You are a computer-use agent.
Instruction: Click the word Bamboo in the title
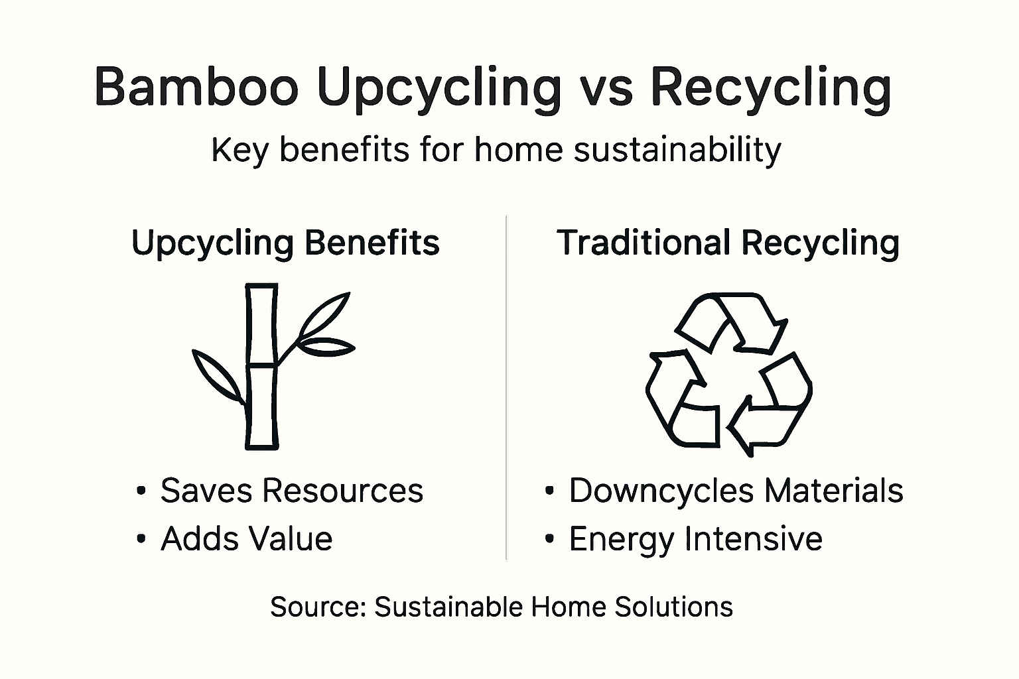[196, 86]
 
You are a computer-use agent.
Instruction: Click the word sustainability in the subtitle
[677, 150]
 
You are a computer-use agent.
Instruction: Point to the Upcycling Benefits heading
[285, 243]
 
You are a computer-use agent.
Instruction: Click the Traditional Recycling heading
[728, 243]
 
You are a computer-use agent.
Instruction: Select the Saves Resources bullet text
[291, 491]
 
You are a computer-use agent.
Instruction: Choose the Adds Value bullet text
[246, 538]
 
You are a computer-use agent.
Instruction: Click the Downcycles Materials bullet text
[736, 491]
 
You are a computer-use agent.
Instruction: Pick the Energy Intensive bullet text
[695, 538]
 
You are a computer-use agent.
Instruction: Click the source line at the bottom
[502, 607]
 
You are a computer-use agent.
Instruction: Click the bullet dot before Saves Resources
[141, 491]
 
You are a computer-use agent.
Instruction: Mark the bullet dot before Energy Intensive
[549, 539]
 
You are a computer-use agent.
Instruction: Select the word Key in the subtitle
[239, 151]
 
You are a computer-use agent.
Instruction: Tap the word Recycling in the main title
[770, 88]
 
